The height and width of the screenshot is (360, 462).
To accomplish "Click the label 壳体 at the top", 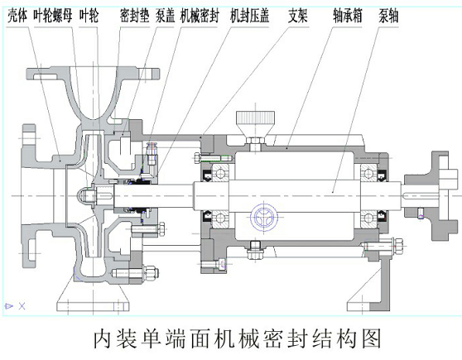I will click(17, 14).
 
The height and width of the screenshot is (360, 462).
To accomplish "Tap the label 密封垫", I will click(134, 14).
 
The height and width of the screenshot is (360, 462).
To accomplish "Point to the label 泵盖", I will click(165, 14).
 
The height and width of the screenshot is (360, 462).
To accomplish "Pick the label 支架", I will click(298, 14).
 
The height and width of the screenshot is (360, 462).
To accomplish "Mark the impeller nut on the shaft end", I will click(84, 195).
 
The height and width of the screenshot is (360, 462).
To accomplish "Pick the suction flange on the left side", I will click(33, 195).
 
